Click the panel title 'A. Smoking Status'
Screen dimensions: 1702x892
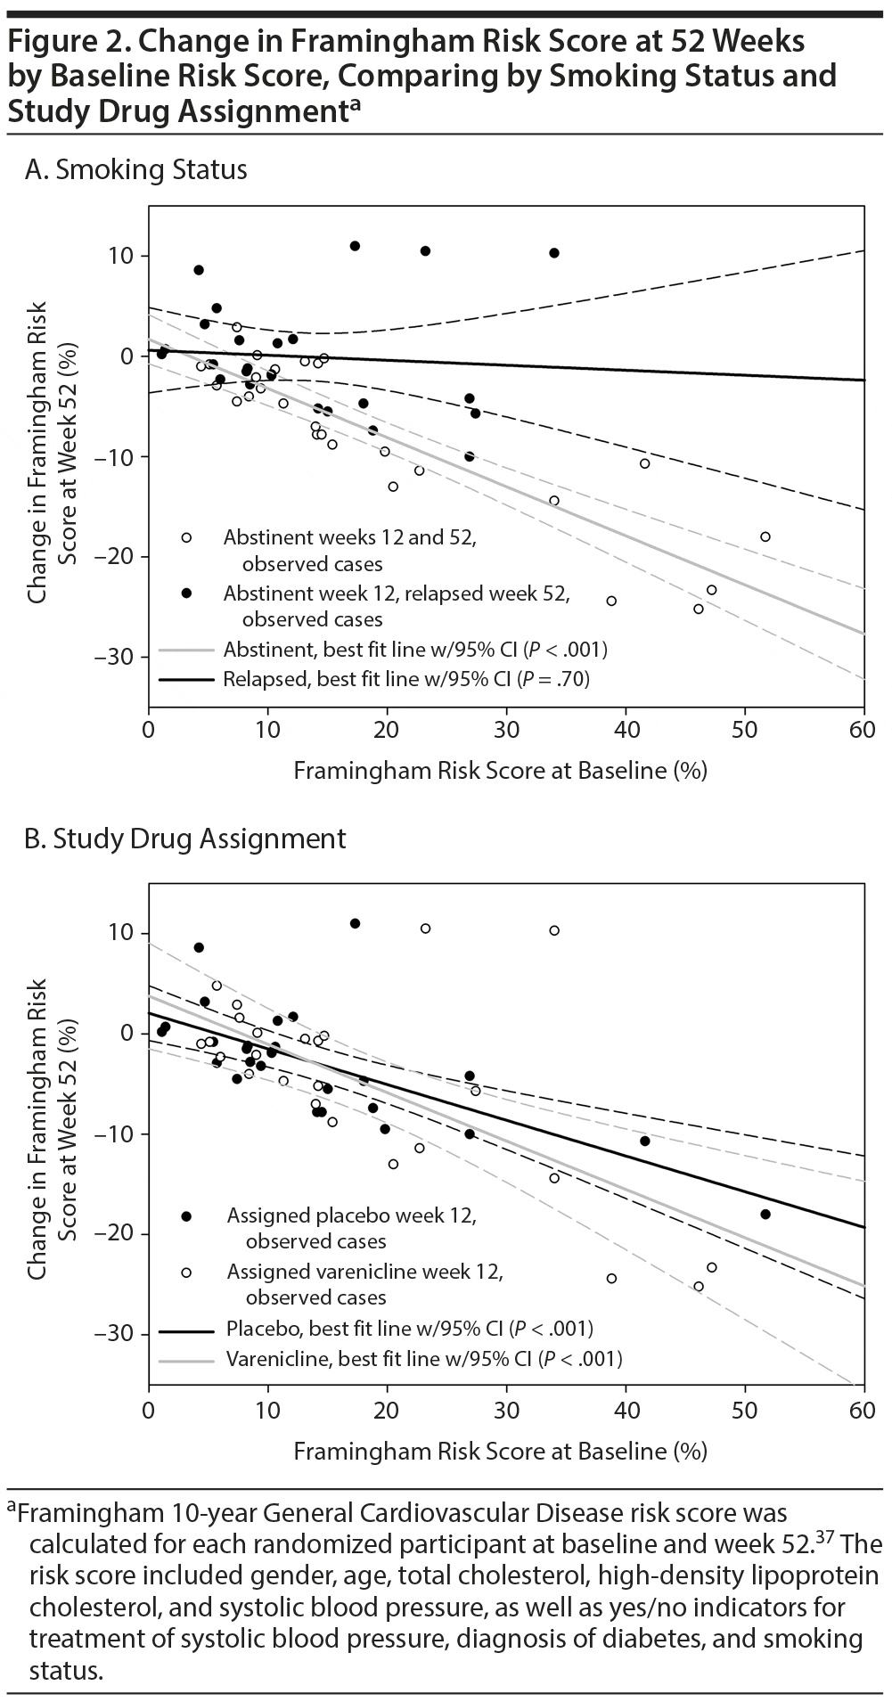click(x=136, y=169)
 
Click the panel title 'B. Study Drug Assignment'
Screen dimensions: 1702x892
click(x=185, y=839)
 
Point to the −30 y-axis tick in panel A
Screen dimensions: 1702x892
click(x=113, y=658)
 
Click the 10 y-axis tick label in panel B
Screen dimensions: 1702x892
click(x=119, y=933)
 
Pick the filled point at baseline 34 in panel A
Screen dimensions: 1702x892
click(x=554, y=253)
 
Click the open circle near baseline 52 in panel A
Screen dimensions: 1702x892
click(x=765, y=536)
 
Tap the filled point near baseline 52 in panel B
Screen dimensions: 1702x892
click(x=765, y=1214)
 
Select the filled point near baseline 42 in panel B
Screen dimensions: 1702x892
click(x=644, y=1141)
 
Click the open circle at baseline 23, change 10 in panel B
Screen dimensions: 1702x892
click(x=425, y=929)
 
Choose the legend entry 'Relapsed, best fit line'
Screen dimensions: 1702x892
click(x=374, y=679)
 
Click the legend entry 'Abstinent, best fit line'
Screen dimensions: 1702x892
click(x=383, y=649)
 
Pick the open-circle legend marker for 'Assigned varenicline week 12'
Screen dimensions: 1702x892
click(x=186, y=1272)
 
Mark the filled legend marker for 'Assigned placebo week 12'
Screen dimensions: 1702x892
click(x=186, y=1216)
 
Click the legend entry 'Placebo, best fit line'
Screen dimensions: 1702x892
click(x=376, y=1329)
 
